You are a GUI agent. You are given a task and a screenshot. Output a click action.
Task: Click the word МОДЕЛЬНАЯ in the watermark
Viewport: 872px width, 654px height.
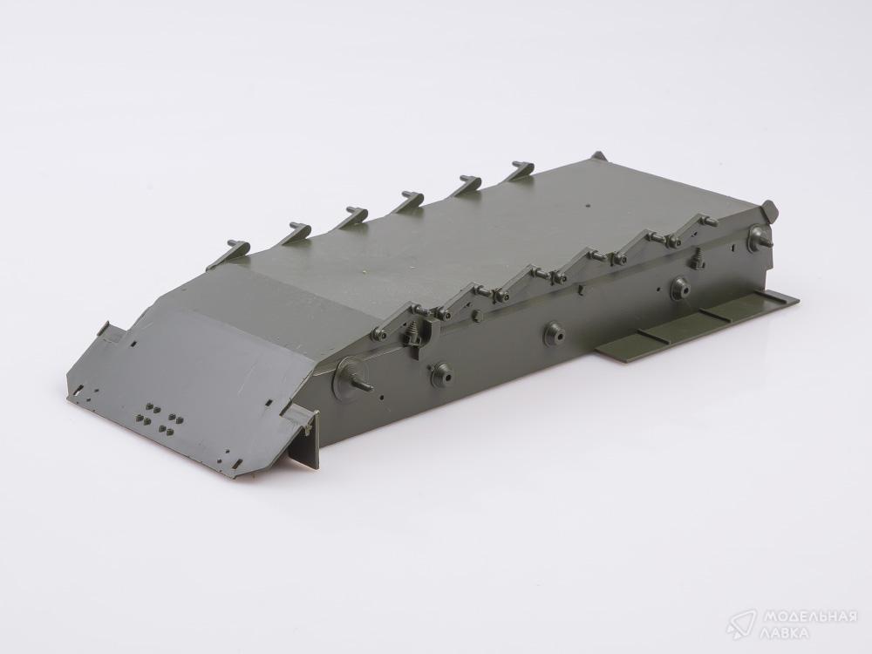pos(810,617)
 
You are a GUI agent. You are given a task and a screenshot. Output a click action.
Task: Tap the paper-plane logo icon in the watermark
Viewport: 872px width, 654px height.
pos(741,624)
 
